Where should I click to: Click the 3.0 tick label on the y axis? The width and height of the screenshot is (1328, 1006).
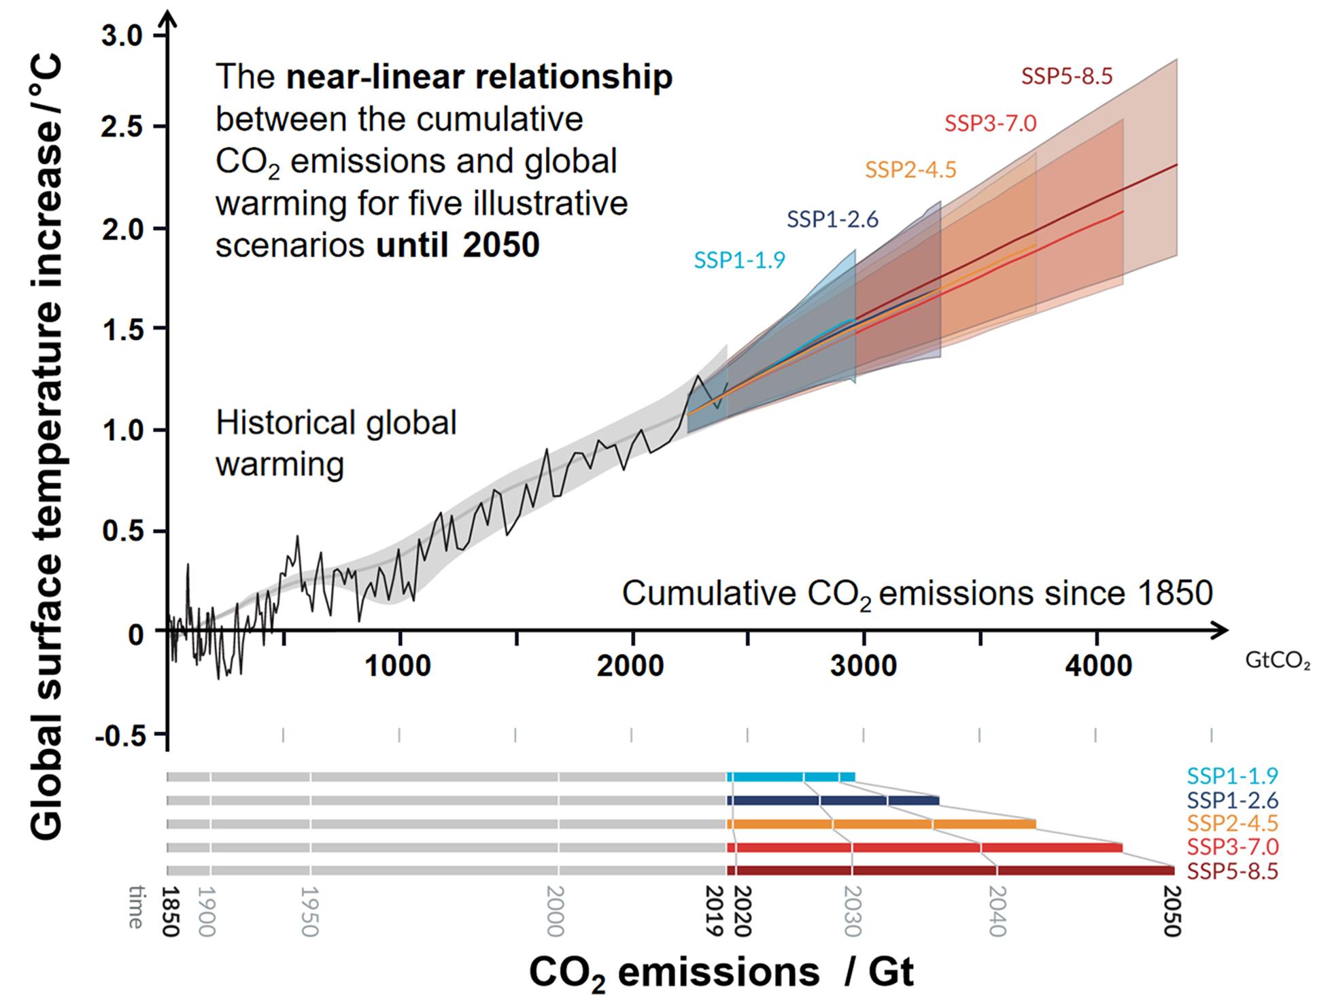pyautogui.click(x=122, y=35)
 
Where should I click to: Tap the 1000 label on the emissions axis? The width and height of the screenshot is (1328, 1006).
pyautogui.click(x=398, y=666)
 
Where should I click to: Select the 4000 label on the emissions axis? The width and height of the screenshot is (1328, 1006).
pyautogui.click(x=1098, y=666)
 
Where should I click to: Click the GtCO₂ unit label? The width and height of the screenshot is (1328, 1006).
pyautogui.click(x=1278, y=661)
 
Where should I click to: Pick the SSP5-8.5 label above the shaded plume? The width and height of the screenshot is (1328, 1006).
pyautogui.click(x=1067, y=76)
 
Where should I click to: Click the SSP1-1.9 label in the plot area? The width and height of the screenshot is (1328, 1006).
pyautogui.click(x=739, y=260)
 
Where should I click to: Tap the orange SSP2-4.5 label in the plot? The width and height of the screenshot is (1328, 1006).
pyautogui.click(x=910, y=169)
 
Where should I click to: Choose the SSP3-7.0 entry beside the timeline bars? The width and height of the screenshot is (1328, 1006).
pyautogui.click(x=1232, y=847)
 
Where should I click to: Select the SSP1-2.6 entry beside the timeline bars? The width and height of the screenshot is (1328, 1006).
pyautogui.click(x=1232, y=799)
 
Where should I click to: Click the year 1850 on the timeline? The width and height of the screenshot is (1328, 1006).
pyautogui.click(x=170, y=912)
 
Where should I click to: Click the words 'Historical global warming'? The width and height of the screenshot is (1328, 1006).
pyautogui.click(x=336, y=444)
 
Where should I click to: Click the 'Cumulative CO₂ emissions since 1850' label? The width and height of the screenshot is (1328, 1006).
pyautogui.click(x=917, y=593)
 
